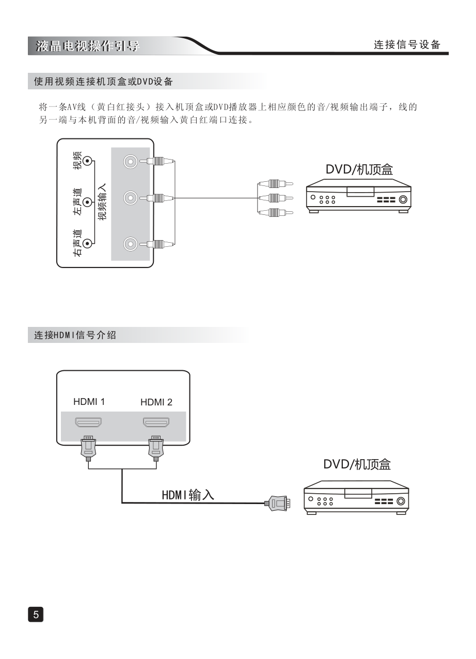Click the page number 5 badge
36,614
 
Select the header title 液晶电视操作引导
88,46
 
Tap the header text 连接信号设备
407,45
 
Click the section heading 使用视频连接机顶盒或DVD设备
103,82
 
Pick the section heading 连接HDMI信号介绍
75,335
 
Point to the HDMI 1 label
89,402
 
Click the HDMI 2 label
156,402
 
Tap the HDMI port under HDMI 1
89,423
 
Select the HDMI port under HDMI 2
156,423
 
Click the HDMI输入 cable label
188,495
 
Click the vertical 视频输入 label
102,202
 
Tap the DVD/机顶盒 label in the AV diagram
359,170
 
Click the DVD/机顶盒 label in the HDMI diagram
357,464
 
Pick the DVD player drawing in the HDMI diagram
356,497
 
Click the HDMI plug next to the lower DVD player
277,502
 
